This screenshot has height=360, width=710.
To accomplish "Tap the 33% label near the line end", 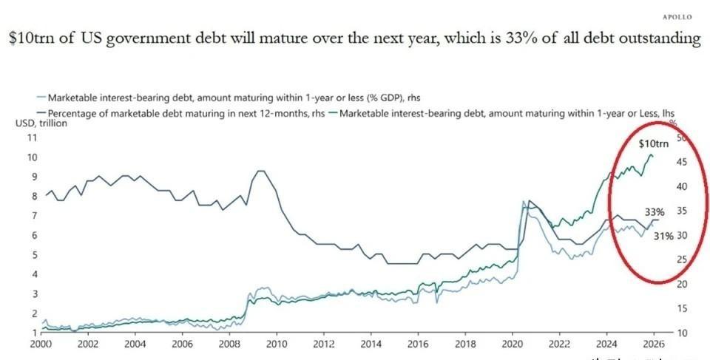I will click(655, 212).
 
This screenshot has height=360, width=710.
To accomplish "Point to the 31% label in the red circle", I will click(663, 237).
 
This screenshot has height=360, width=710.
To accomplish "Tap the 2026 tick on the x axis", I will click(655, 344).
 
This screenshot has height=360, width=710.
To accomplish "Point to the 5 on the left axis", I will click(33, 255).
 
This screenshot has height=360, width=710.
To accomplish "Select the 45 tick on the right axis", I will click(682, 163).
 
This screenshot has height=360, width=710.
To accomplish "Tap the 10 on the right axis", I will click(682, 333).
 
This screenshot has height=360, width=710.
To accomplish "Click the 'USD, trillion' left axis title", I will click(41, 123).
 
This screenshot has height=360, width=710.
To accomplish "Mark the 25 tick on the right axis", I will click(682, 259).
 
